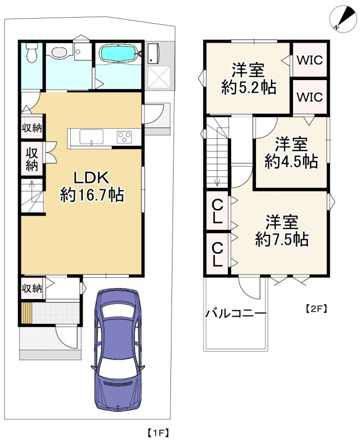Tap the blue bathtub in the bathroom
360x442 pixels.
[119, 55]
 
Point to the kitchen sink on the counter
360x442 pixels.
[91, 136]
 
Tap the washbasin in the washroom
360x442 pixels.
[58, 53]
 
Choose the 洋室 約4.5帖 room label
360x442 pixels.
[290, 153]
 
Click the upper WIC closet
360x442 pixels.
[309, 60]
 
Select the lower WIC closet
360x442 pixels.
[309, 96]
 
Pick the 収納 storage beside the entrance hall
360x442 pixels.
[32, 288]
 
